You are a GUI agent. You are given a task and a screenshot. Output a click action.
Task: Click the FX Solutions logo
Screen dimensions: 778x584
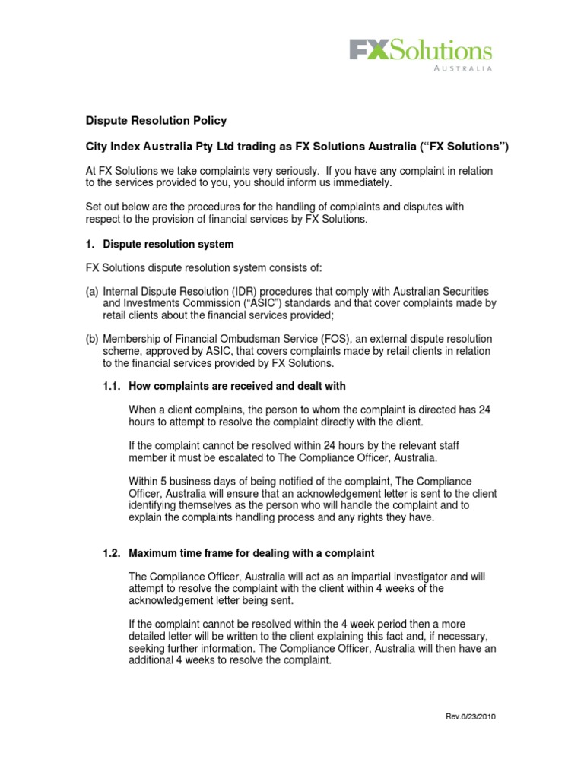420,51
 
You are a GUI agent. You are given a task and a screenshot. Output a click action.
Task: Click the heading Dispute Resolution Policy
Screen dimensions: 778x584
155,121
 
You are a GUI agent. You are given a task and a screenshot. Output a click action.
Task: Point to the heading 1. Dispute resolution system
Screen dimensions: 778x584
160,245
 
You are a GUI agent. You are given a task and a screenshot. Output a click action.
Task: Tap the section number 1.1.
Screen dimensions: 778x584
113,386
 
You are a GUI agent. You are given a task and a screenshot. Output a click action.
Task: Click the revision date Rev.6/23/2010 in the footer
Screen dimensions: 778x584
470,716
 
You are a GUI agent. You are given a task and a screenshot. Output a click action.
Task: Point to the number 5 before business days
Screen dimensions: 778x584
166,482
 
